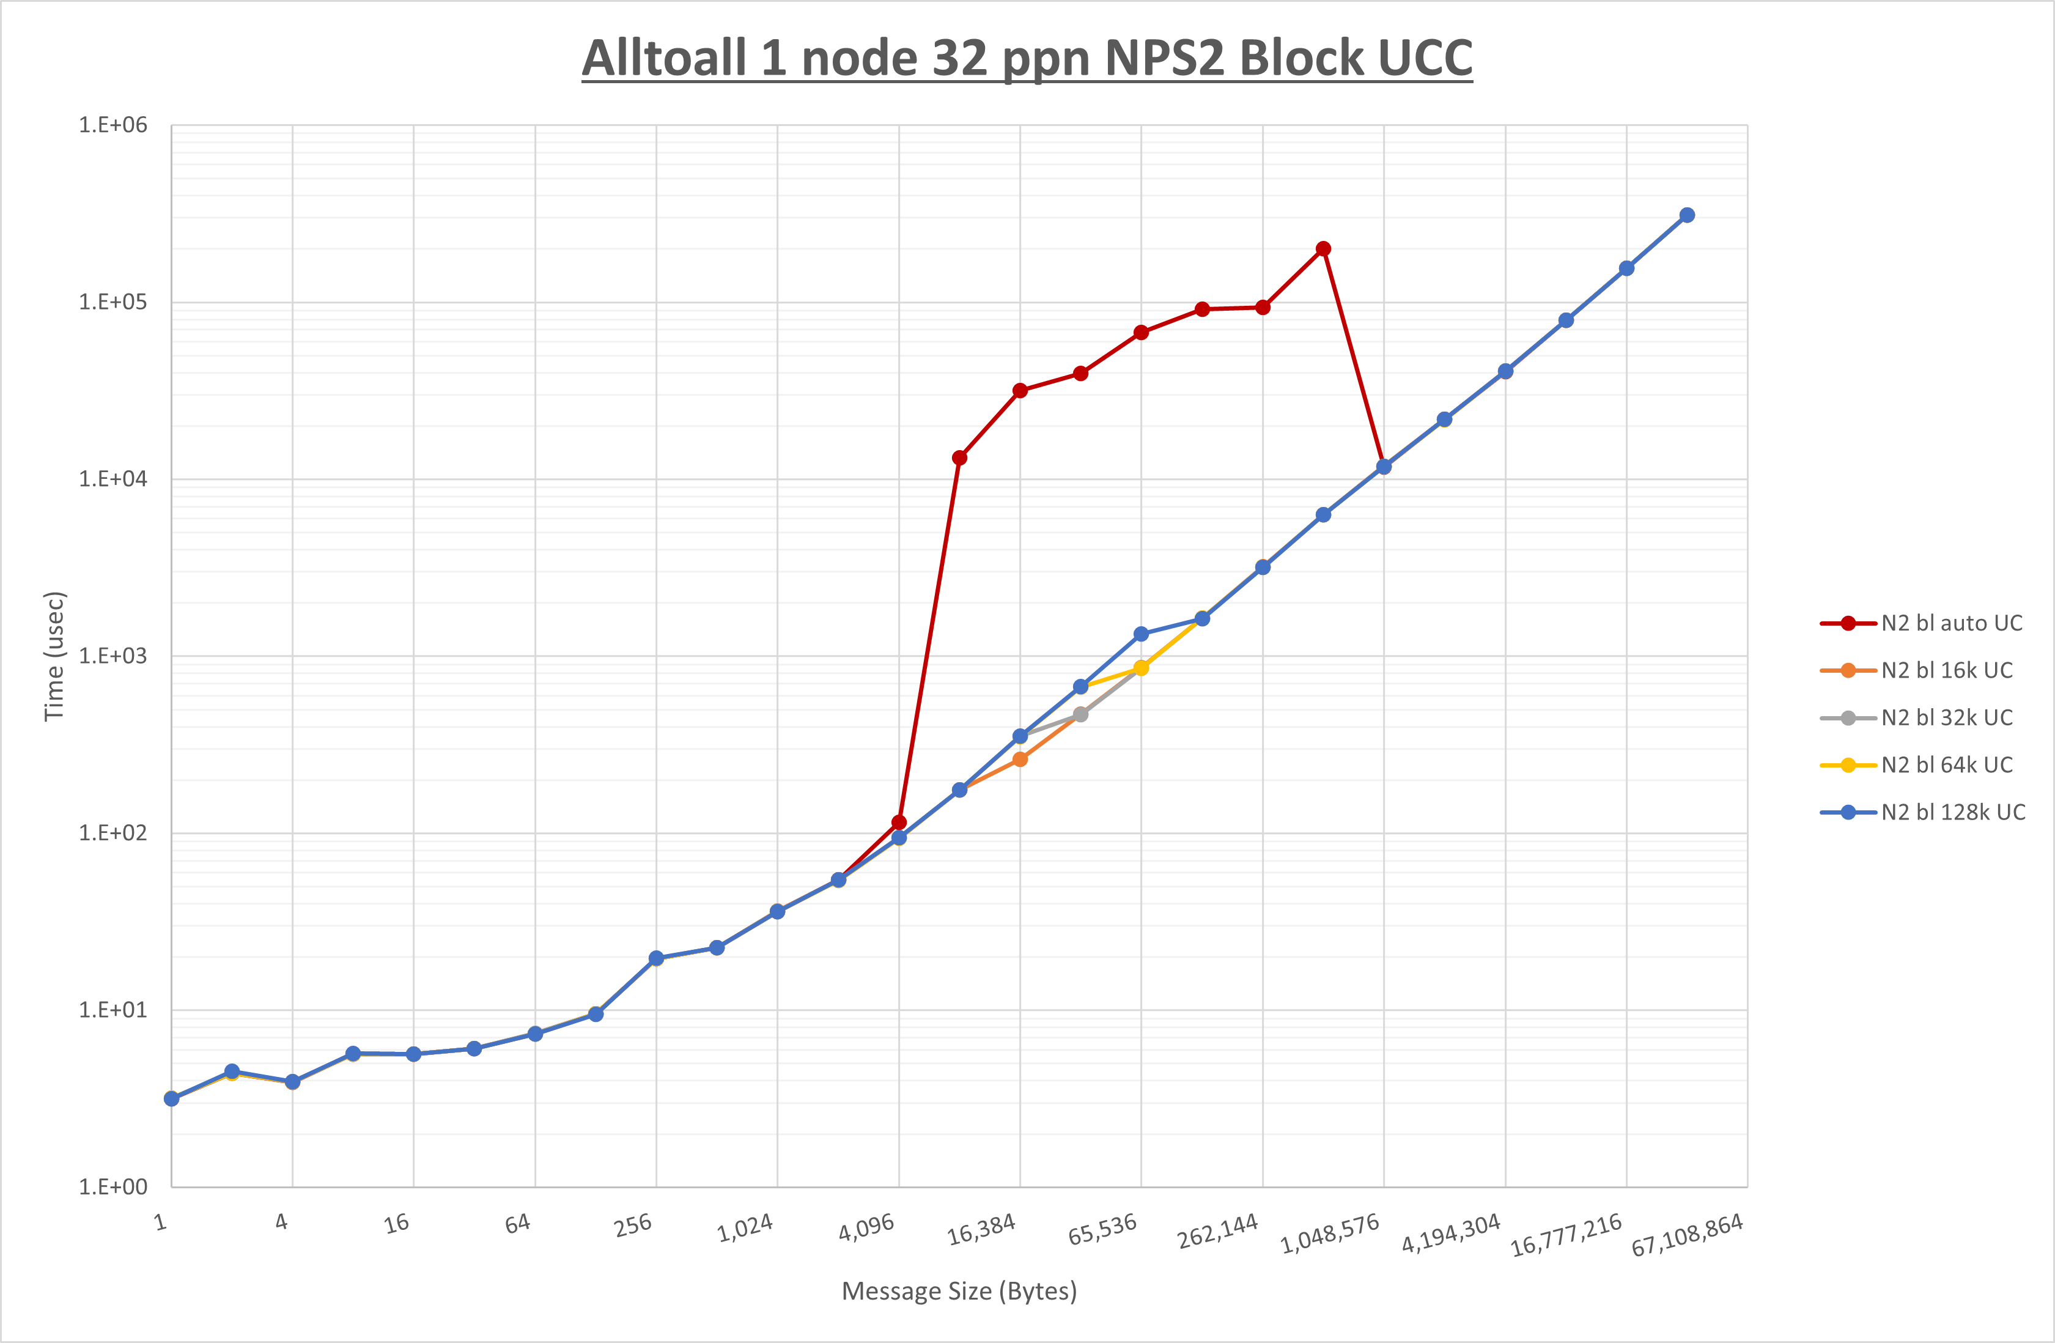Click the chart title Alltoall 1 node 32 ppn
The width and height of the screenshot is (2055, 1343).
1027,59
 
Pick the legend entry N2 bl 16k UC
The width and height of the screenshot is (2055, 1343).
1946,670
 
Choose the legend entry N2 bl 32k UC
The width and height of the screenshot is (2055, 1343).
1946,718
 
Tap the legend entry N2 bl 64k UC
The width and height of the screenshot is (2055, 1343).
1946,765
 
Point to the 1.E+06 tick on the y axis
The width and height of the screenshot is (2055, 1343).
113,125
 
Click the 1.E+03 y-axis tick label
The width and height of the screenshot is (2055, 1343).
113,656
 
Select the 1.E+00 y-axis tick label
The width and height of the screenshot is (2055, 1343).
113,1186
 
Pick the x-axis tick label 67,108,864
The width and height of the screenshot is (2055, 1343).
1687,1235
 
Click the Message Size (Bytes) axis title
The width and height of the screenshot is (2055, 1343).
959,1291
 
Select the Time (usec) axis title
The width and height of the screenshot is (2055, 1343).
54,656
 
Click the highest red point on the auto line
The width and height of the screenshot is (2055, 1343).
1323,249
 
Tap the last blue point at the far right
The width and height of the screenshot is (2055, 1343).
1687,215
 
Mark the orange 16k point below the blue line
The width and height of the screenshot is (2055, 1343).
1020,759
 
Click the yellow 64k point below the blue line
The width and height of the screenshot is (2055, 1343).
1140,668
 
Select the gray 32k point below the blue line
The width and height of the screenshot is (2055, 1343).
1080,715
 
